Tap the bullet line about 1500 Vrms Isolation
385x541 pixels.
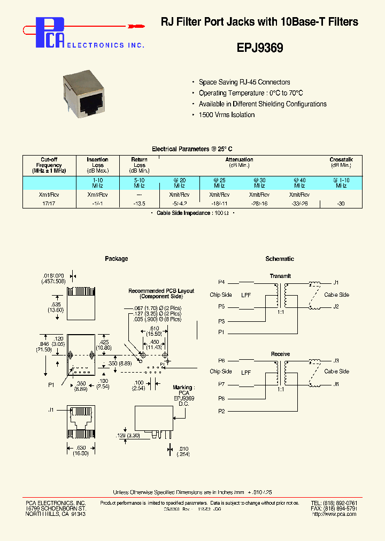(226, 115)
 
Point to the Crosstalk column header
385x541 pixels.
(341, 160)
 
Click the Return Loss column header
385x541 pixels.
(139, 162)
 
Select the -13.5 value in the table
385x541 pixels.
(139, 204)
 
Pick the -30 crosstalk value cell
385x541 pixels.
(341, 204)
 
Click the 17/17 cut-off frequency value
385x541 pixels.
(49, 204)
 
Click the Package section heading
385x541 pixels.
(116, 259)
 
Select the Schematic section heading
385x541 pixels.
(280, 259)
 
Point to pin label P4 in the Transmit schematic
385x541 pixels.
(221, 282)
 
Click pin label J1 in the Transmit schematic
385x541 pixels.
(336, 282)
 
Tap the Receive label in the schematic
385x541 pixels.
(280, 354)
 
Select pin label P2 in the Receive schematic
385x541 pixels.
(221, 411)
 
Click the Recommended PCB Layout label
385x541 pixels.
(161, 293)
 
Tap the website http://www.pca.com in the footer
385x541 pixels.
(334, 514)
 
